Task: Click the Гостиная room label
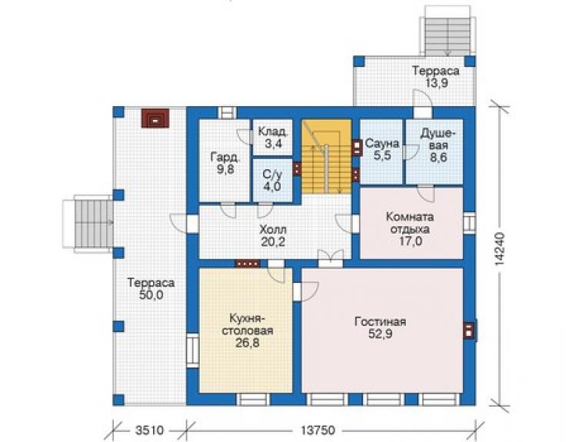click(x=381, y=322)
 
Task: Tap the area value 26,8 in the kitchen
click(x=248, y=343)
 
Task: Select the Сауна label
click(x=381, y=143)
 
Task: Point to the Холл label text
click(x=273, y=229)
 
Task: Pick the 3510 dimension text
click(x=149, y=430)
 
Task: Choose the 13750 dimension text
click(x=318, y=430)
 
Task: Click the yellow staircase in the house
click(x=327, y=156)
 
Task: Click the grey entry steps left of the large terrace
click(x=93, y=224)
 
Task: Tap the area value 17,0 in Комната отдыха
click(x=410, y=241)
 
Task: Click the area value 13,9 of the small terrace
click(x=436, y=83)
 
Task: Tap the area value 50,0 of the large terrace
click(x=151, y=295)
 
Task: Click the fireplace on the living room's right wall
click(x=470, y=331)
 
